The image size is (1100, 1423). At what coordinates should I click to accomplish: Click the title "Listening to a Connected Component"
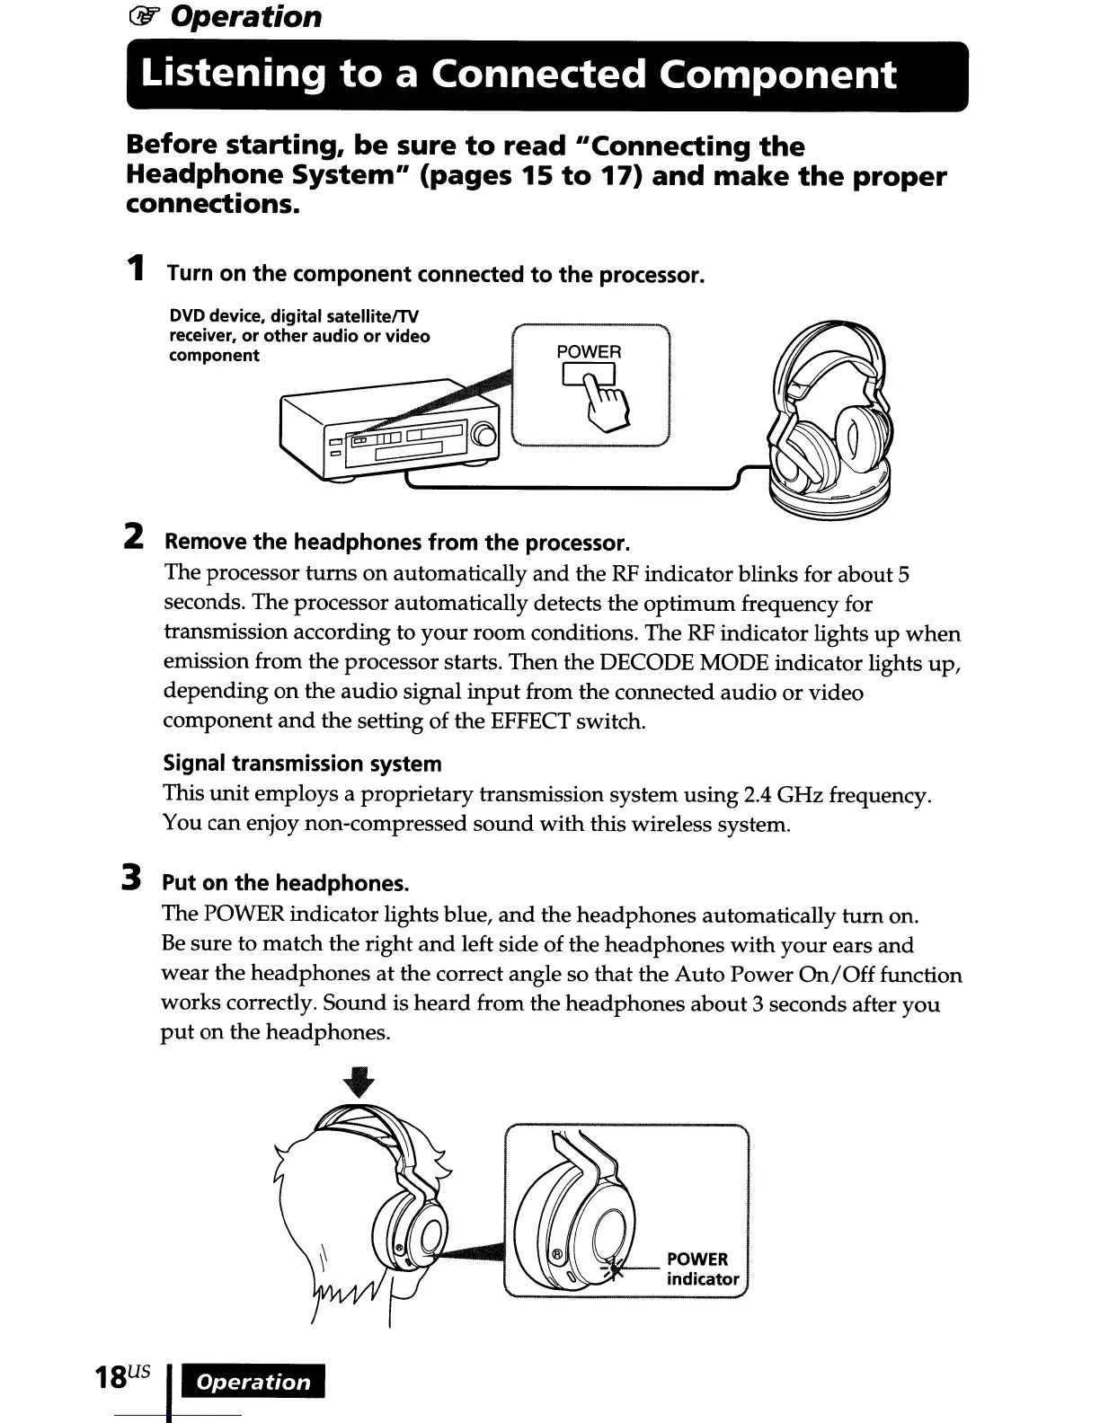click(x=519, y=75)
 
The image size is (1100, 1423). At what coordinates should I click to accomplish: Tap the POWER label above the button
click(x=589, y=351)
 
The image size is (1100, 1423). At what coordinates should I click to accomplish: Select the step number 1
click(x=135, y=269)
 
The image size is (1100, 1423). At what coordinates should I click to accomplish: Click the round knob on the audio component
click(x=484, y=438)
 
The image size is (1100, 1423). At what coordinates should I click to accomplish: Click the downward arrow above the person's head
click(x=359, y=1082)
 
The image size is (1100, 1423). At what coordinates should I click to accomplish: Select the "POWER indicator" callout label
click(x=702, y=1268)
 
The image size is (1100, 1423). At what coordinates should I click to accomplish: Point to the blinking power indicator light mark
click(x=614, y=1268)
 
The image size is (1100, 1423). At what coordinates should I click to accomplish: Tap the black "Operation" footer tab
click(x=253, y=1382)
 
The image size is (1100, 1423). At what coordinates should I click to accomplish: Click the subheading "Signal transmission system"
click(x=302, y=764)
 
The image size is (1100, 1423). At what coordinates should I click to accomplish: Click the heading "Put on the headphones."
click(x=285, y=882)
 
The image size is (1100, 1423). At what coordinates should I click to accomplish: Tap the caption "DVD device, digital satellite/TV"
click(x=294, y=317)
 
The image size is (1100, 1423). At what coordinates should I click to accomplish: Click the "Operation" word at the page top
click(x=245, y=16)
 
